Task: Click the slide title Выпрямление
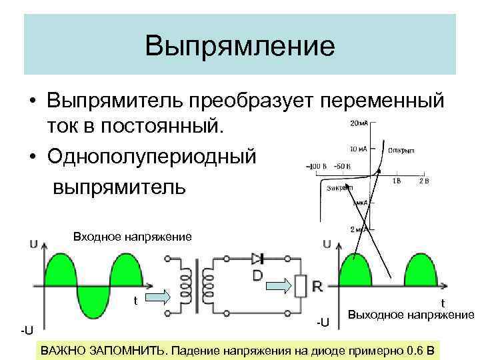pyautogui.click(x=240, y=46)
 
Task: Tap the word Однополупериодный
pyautogui.click(x=151, y=157)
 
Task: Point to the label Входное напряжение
pyautogui.click(x=132, y=237)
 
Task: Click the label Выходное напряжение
pyautogui.click(x=411, y=314)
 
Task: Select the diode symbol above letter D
pyautogui.click(x=257, y=259)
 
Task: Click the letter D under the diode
pyautogui.click(x=257, y=275)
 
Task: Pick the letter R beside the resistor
pyautogui.click(x=317, y=287)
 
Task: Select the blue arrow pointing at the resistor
pyautogui.click(x=279, y=285)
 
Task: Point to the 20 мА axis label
pyautogui.click(x=359, y=123)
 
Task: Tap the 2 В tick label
pyautogui.click(x=424, y=181)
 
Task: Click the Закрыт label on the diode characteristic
pyautogui.click(x=339, y=189)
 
